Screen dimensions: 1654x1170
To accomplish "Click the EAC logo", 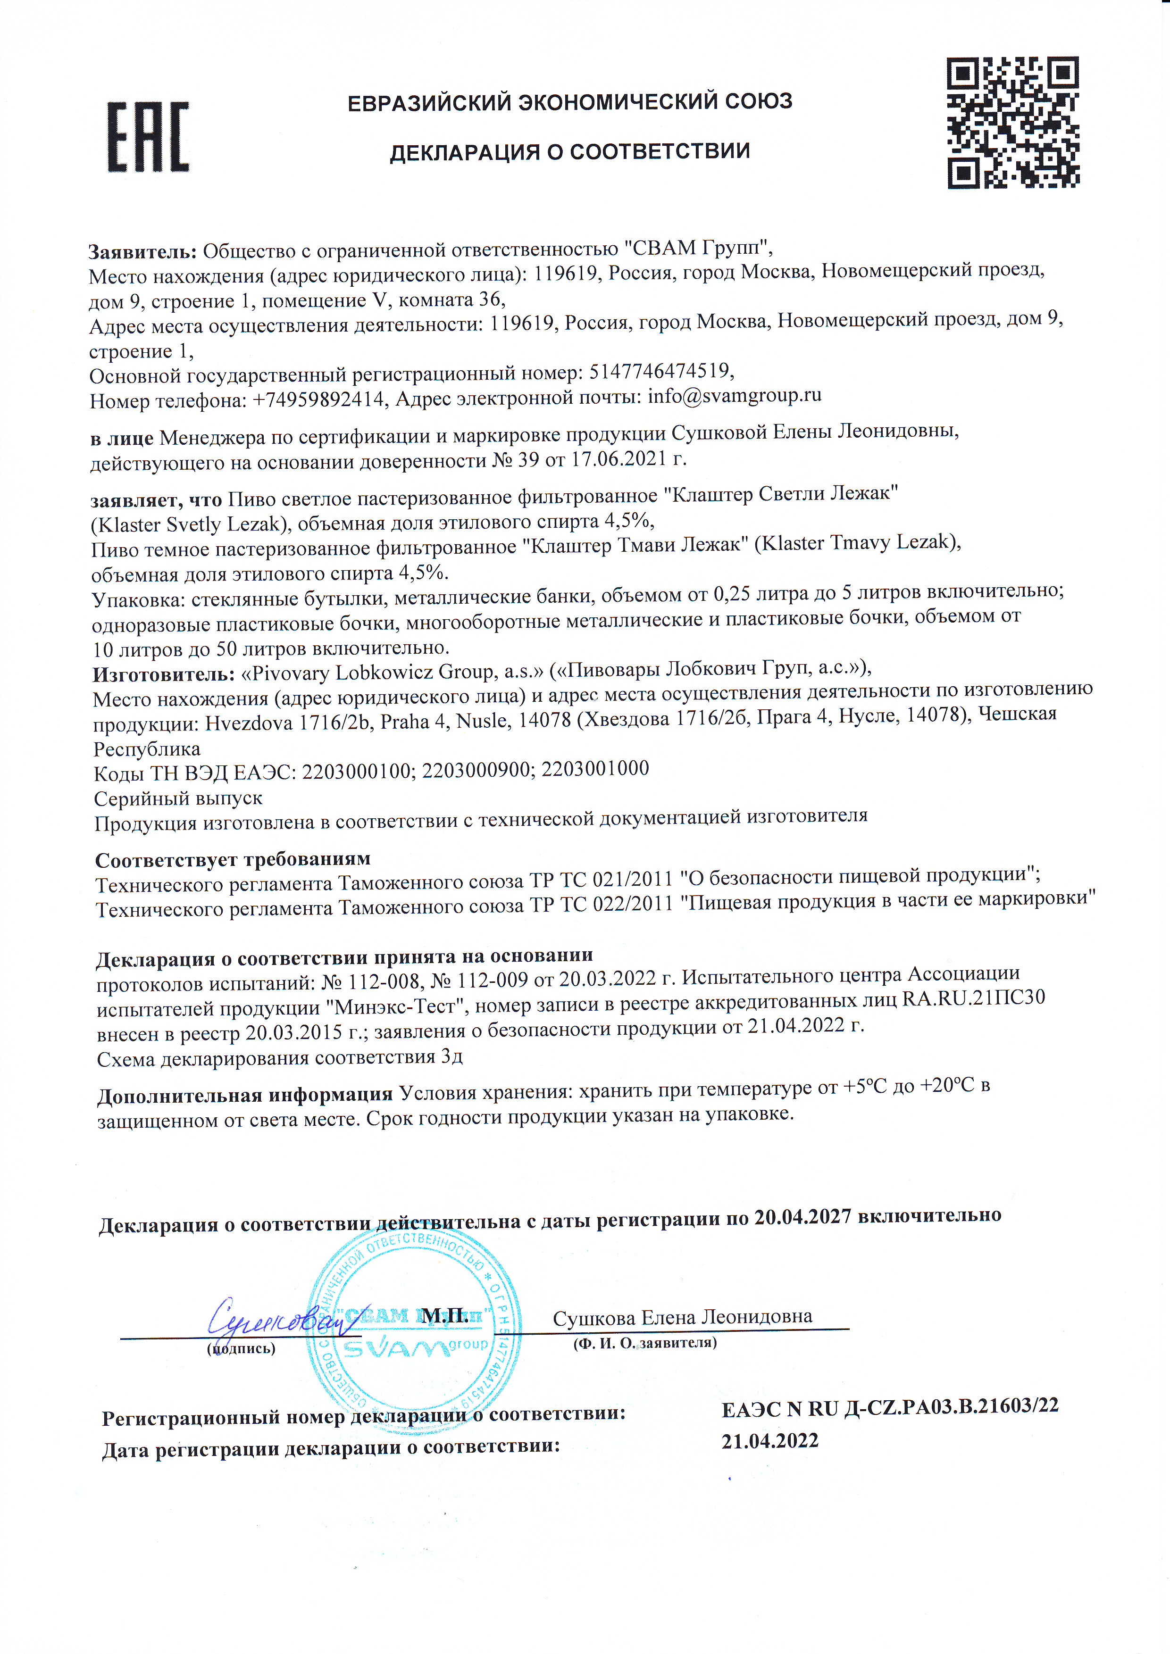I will [x=149, y=137].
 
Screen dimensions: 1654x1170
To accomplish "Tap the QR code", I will [x=1012, y=123].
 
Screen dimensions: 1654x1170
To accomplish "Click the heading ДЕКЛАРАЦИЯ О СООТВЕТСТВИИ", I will [x=570, y=152].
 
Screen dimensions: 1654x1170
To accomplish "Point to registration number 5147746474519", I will [x=660, y=372].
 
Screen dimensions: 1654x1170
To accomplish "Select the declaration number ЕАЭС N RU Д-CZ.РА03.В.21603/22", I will [x=890, y=1406].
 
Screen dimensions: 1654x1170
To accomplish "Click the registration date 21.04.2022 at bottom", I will [x=769, y=1441].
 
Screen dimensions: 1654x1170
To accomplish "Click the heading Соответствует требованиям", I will [x=233, y=859].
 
